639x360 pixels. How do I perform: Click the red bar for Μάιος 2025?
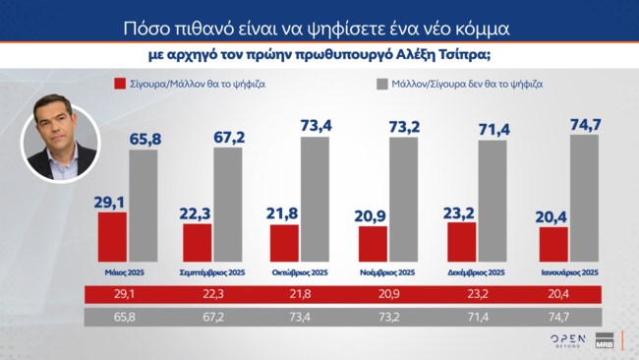click(113, 237)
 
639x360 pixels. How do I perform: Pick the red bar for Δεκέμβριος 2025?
click(461, 242)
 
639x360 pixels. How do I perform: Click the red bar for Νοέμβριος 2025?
click(373, 244)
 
